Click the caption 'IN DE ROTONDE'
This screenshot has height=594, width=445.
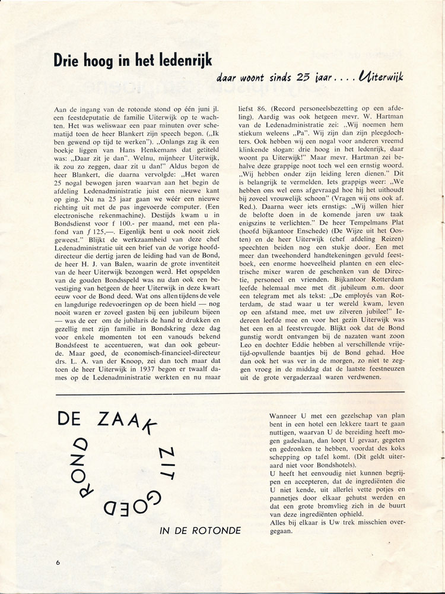(x=201, y=530)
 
